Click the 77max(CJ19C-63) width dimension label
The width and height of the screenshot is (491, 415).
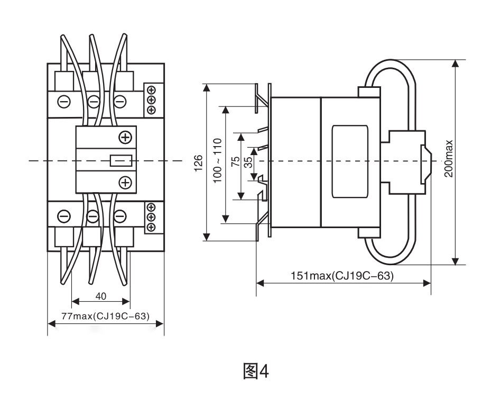(105, 316)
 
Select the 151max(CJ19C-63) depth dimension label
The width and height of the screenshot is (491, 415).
(342, 276)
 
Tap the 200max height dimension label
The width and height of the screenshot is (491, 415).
(449, 158)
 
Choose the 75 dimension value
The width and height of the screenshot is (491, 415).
(235, 162)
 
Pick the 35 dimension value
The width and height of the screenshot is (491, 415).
(248, 162)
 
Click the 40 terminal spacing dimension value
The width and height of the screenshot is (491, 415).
(100, 296)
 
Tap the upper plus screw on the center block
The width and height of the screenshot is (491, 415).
(125, 137)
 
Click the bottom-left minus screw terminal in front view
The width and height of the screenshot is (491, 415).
(63, 216)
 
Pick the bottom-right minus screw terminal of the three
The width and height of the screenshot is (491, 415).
(121, 216)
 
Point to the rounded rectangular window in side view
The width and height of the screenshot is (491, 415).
(349, 161)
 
